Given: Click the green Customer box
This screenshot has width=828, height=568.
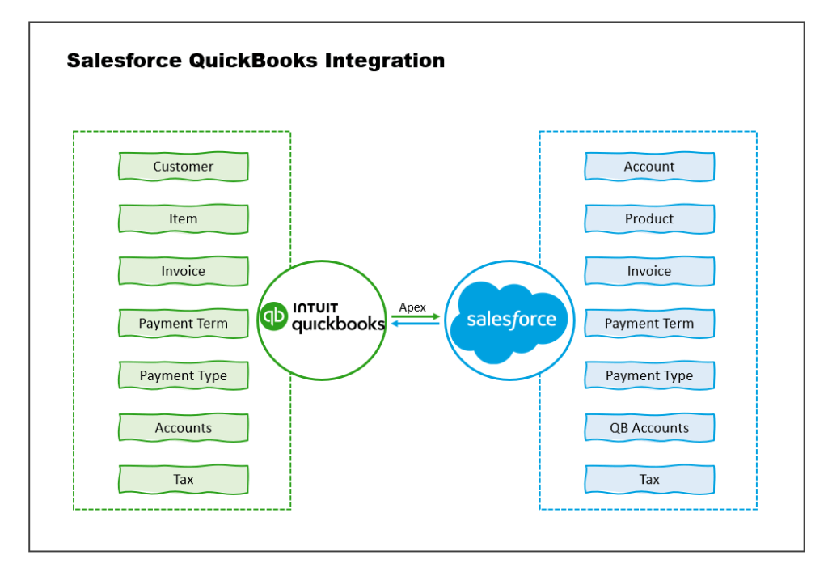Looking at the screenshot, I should (x=184, y=167).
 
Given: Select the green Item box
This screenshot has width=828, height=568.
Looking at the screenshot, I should (x=184, y=218).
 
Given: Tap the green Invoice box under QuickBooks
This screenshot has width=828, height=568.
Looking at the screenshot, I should (x=184, y=271).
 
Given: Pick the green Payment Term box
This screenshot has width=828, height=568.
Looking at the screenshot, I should (x=184, y=324).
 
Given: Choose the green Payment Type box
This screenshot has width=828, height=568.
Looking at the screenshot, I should (x=184, y=375).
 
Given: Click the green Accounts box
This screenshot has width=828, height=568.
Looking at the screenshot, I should (x=184, y=428).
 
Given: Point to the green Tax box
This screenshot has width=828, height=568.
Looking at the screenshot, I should (x=184, y=480).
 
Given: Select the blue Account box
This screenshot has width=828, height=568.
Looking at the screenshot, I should (x=649, y=167).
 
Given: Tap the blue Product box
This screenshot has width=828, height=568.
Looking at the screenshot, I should (x=649, y=218).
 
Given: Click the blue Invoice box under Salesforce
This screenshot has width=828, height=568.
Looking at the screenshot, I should (x=649, y=271).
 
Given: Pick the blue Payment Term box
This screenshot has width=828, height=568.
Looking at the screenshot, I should (x=649, y=324).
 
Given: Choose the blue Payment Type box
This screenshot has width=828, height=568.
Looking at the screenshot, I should (x=649, y=375).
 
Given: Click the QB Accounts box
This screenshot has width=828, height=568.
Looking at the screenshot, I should (x=649, y=428).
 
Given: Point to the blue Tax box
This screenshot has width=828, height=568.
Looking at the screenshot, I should (x=649, y=480).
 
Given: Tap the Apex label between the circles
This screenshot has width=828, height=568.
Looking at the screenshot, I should (x=412, y=307).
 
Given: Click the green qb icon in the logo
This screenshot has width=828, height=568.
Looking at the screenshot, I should (x=273, y=316).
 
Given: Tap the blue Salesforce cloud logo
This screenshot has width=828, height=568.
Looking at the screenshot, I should (x=511, y=320).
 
